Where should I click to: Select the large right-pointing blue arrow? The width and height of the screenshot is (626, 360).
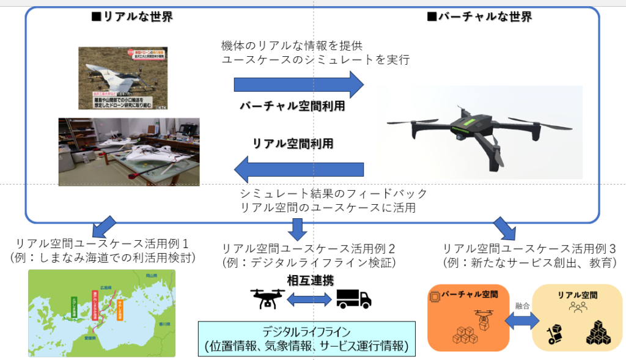point(298,84)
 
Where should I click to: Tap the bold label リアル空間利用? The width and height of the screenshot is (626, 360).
point(293,143)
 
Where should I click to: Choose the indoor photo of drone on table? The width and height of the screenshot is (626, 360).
point(128,152)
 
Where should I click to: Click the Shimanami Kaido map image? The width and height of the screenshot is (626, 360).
point(101,313)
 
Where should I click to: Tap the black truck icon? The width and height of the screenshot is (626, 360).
point(354,298)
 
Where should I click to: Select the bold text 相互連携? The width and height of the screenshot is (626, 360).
point(310,281)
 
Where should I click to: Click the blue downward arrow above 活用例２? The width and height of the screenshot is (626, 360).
point(298,228)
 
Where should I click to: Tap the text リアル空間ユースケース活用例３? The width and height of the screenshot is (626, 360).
point(529,249)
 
